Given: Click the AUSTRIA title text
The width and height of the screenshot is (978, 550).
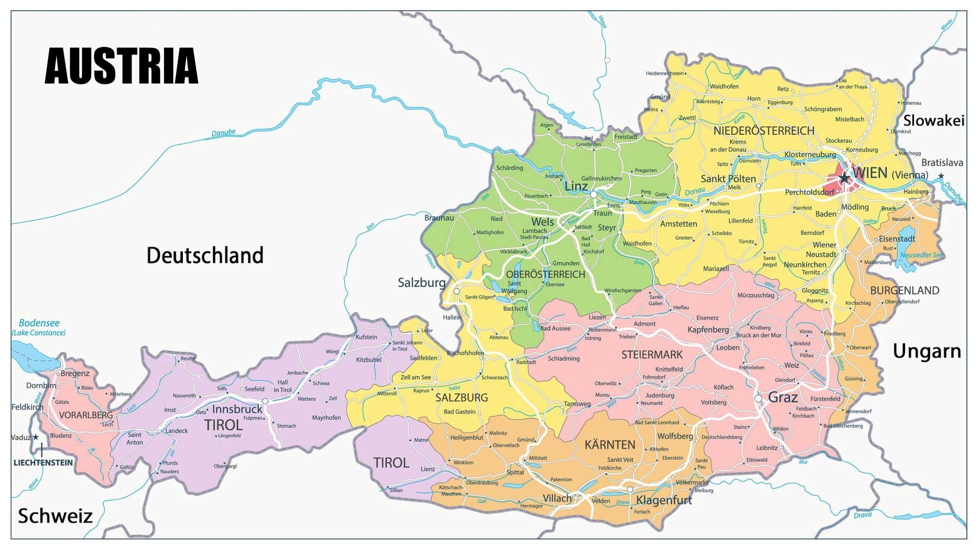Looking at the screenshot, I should pos(121,66).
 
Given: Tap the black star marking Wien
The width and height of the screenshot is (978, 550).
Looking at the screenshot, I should pos(845,178).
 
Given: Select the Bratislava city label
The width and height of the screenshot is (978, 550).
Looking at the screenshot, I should pos(942,163).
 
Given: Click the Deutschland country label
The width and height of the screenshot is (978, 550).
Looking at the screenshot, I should pos(205,255).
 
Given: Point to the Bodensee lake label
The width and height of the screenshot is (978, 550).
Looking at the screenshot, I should pos(39,323).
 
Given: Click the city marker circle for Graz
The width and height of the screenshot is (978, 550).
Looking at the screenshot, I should pos(758,398).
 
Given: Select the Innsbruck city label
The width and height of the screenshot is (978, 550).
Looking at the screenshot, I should pos(237,409).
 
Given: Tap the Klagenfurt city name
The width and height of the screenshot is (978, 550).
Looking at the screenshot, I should pos(664,500).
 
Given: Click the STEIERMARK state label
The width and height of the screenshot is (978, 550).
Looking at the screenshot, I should pos(651,355).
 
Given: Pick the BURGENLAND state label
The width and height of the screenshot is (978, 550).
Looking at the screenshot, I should pos(904,291).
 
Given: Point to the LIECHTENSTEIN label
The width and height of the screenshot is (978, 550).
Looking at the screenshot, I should pos(43,462).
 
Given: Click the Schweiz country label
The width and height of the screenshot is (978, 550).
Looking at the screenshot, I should pos(55,516).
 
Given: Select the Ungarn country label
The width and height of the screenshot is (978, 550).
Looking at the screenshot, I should pos(927,351).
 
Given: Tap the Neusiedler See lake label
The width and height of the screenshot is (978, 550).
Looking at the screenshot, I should pos(921,255).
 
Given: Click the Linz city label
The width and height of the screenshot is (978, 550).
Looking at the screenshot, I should pos(576,186).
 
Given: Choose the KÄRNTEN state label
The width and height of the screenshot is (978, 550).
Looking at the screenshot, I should pos(610,445).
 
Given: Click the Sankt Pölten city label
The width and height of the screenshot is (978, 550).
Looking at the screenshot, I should pos(728,179).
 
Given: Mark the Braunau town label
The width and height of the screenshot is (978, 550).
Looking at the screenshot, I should pos(439,218).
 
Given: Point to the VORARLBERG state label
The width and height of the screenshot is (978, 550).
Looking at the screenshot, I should pos(86,415).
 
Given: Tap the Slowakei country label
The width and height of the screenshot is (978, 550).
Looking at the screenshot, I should pos(933,121).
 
